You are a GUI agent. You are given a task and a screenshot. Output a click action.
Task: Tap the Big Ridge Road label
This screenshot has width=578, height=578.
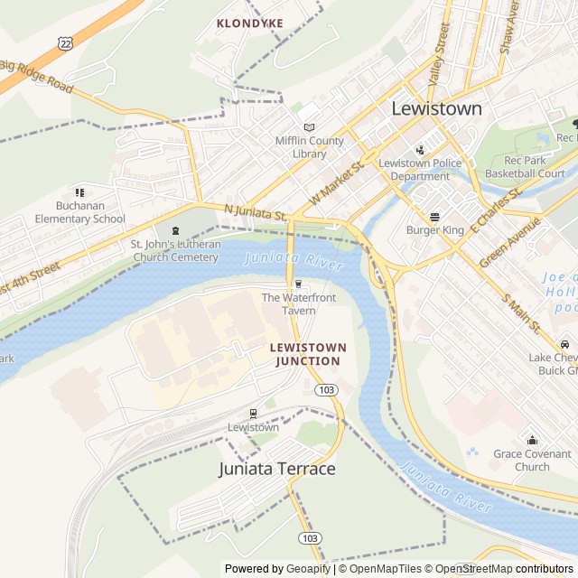pyautogui.click(x=36, y=76)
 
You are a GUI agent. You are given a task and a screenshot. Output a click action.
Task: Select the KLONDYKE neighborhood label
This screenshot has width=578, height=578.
pyautogui.click(x=250, y=23)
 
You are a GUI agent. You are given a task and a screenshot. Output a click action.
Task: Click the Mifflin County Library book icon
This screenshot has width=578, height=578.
pyautogui.click(x=309, y=127)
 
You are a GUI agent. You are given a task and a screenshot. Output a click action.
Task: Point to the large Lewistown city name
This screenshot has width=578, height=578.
pyautogui.click(x=436, y=108)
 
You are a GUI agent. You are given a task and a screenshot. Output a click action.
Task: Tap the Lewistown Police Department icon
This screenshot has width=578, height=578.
pyautogui.click(x=420, y=150)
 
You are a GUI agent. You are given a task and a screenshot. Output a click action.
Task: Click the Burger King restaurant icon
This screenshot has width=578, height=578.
pyautogui.click(x=434, y=217)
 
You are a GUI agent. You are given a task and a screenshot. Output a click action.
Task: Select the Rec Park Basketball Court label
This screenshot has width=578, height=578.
pyautogui.click(x=525, y=166)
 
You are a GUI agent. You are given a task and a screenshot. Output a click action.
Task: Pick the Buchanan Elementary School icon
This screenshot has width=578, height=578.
pyautogui.click(x=79, y=192)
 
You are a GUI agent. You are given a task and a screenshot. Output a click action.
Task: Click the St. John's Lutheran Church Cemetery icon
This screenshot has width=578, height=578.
pyautogui.click(x=175, y=230)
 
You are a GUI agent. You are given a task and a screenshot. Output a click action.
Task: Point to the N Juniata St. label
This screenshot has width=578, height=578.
pyautogui.click(x=255, y=213)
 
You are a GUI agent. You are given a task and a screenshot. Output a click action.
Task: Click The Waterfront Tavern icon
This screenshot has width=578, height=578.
pyautogui.click(x=298, y=284)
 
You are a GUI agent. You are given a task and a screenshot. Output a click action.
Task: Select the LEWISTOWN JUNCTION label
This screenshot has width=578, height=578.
pyautogui.click(x=307, y=354)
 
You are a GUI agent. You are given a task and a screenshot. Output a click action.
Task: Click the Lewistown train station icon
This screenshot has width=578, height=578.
pyautogui.click(x=253, y=414)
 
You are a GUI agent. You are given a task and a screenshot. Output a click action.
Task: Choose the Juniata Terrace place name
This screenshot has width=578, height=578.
pyautogui.click(x=276, y=469)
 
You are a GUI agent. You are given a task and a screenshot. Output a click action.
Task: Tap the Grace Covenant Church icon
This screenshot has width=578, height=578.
pyautogui.click(x=532, y=440)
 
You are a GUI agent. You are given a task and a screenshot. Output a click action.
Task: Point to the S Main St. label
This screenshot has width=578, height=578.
pyautogui.click(x=522, y=312)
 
